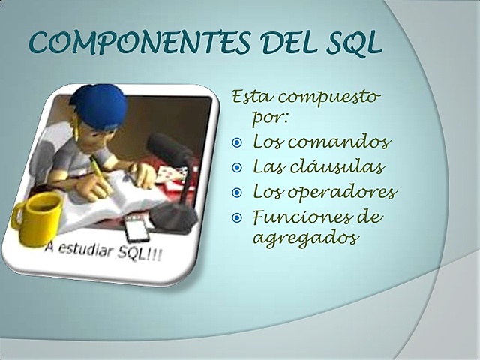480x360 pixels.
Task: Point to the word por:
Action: (271, 118)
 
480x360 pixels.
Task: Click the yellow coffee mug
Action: (37, 217)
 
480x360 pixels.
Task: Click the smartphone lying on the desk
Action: (136, 229)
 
